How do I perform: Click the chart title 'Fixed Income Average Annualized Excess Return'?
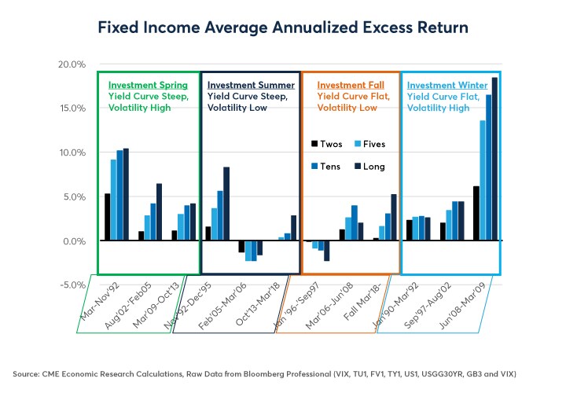283,28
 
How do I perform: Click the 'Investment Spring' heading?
148,85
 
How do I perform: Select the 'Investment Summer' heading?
251,85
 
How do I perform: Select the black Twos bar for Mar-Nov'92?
108,217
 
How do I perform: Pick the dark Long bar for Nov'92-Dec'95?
226,204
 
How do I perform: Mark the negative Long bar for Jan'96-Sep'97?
326,251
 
